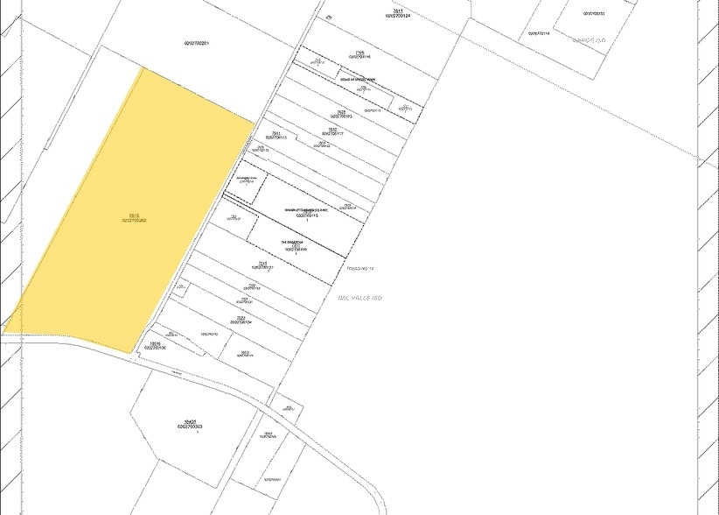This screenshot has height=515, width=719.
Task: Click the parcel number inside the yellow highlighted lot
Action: pos(134,220)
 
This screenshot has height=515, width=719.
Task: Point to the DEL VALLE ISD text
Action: pos(360,298)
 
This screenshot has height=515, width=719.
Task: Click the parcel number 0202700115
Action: pos(306,215)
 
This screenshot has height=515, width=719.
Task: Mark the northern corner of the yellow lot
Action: pos(142,68)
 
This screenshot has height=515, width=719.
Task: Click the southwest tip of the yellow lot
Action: pos(4,333)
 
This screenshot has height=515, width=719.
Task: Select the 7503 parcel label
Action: pos(246,353)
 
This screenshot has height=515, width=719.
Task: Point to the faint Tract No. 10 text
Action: pos(360,268)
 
